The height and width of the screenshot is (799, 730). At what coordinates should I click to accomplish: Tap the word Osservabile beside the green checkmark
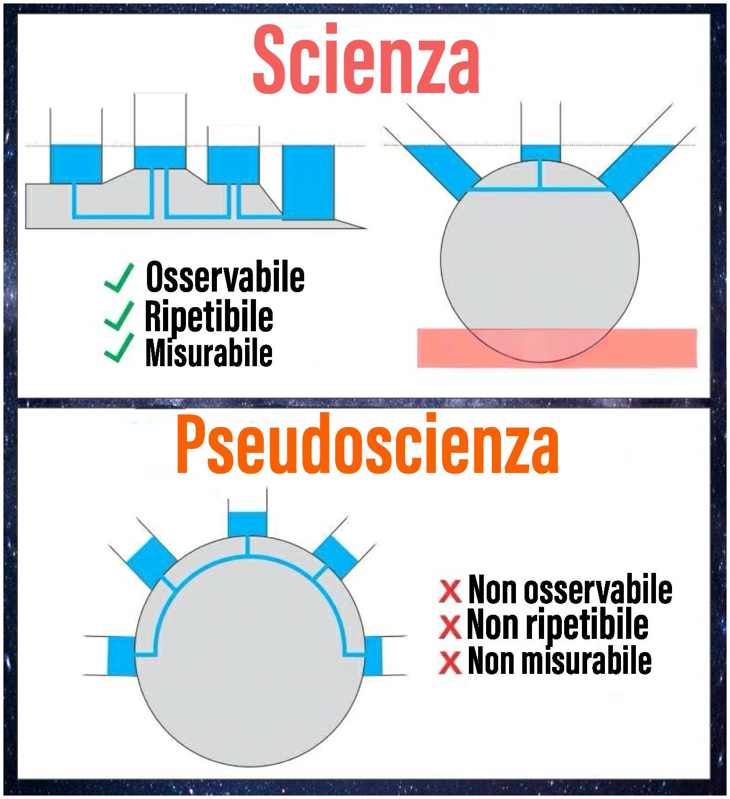(x=225, y=277)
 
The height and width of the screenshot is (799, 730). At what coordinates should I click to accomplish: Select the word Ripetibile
(x=209, y=316)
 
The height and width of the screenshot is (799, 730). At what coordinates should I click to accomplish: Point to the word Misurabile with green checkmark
(x=209, y=352)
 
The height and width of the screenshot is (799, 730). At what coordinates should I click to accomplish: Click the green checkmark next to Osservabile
(x=119, y=278)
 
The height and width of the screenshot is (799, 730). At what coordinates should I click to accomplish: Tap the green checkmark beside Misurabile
(x=119, y=349)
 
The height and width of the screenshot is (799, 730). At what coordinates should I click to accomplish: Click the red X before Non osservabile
(x=450, y=591)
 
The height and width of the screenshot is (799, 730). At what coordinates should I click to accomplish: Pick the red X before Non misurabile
(x=450, y=662)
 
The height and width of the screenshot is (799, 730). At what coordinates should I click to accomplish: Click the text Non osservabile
(x=570, y=589)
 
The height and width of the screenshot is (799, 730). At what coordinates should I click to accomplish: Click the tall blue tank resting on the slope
(x=308, y=182)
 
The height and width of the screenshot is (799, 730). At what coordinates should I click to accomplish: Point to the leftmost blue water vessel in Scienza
(x=76, y=164)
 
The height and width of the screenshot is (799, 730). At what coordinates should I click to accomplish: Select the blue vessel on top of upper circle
(x=540, y=153)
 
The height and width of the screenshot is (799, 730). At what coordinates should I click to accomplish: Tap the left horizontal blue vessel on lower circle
(x=122, y=656)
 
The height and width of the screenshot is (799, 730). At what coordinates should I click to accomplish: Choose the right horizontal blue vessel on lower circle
(x=374, y=655)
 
